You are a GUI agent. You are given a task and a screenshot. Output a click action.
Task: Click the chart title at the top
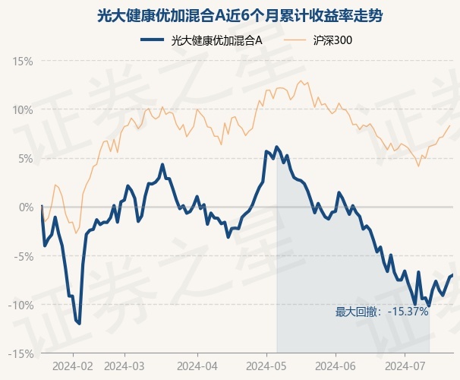240,16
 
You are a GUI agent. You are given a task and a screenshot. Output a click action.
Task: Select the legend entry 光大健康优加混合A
201,40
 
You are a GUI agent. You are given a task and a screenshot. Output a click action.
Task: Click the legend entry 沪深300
318,40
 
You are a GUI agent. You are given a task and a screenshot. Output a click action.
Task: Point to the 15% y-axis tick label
22,62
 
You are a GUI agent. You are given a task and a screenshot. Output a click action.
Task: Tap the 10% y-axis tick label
22,110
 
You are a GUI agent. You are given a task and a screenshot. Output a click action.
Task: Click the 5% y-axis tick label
26,159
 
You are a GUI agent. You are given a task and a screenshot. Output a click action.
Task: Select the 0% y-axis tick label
26,207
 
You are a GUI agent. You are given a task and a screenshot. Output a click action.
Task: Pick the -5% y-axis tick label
24,256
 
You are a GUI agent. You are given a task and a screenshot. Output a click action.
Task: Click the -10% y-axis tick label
20,305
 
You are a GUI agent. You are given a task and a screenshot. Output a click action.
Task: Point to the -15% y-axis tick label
20,354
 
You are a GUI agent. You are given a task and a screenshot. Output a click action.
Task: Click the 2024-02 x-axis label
73,366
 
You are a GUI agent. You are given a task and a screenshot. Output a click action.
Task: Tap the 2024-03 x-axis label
124,366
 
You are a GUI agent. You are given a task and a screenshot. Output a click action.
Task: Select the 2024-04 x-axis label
197,366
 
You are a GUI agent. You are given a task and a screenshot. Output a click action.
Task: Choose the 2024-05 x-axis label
266,366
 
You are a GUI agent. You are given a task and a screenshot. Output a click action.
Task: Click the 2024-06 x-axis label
336,366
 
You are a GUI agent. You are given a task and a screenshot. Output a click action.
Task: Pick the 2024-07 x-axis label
405,366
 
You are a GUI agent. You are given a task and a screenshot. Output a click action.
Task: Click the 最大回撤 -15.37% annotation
382,312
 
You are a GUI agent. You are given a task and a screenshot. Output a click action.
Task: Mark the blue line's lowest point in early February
79,324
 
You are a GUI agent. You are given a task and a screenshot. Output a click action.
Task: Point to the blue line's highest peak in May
276,147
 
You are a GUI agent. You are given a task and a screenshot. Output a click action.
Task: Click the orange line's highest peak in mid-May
301,81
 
